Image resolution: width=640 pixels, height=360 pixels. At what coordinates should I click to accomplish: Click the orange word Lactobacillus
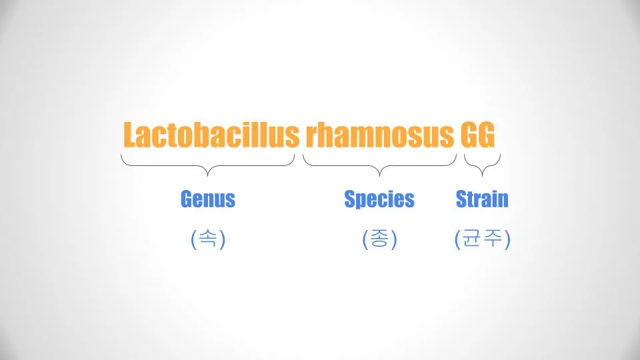point(211,134)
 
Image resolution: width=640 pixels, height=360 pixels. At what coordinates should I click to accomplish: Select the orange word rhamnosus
point(379,134)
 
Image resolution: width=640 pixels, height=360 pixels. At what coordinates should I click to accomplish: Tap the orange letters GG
point(477,134)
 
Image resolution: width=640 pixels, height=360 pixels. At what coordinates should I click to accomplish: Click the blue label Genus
point(208,199)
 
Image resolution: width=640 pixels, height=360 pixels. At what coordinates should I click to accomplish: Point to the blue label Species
point(379,199)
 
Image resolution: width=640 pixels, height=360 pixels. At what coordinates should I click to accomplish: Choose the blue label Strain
point(482,199)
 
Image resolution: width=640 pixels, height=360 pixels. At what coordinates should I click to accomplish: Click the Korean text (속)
point(208,239)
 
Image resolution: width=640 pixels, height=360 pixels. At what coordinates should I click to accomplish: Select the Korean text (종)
point(379,239)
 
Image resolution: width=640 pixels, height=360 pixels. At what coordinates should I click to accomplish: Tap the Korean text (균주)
point(483,239)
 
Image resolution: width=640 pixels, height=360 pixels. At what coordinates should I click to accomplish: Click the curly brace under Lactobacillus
point(208,166)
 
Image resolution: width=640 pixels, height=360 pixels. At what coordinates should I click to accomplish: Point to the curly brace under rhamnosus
point(379,166)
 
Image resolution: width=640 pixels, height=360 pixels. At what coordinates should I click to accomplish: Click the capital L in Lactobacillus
point(130,134)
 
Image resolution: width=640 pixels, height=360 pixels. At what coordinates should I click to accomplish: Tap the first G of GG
point(469,134)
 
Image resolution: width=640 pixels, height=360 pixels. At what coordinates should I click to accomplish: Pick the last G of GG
point(487,134)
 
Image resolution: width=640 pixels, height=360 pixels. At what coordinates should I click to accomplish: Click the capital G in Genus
point(186,199)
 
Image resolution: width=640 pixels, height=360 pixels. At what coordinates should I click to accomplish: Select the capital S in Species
point(350,199)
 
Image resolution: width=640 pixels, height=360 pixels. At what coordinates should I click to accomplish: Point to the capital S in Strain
point(461,199)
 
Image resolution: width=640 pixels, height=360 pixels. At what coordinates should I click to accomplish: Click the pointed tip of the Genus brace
point(208,176)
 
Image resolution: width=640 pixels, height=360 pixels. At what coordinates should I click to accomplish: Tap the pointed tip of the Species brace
point(379,176)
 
